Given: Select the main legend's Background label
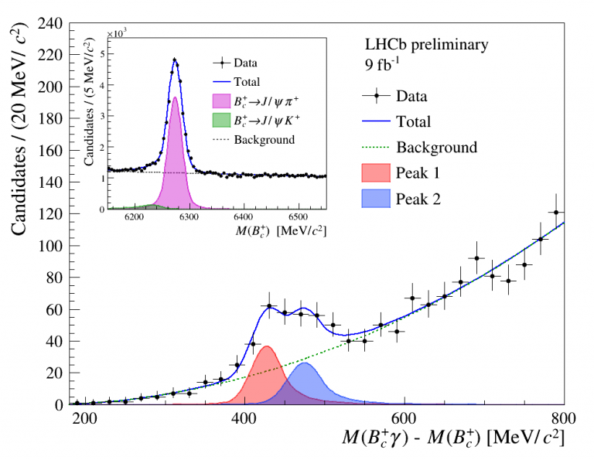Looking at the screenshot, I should (x=436, y=147).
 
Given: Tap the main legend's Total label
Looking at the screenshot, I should (x=414, y=121).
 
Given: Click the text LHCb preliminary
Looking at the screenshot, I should (x=427, y=45).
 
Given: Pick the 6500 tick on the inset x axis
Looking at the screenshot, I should (x=299, y=218).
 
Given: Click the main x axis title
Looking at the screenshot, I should (x=453, y=439).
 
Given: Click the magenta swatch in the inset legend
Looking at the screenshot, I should (x=222, y=101).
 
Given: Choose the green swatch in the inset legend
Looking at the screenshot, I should (x=222, y=121).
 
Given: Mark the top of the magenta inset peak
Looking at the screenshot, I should (x=176, y=97).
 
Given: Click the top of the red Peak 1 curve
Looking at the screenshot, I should (x=266, y=346).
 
